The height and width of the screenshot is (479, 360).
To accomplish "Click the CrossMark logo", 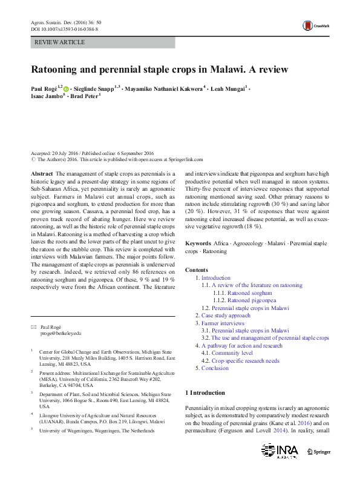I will [316, 25].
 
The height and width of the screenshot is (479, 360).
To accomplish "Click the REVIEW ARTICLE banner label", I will [61, 42].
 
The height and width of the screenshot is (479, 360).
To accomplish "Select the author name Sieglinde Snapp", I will [94, 89].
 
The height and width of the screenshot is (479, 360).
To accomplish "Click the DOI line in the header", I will [65, 28].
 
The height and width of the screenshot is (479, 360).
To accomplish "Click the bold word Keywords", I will [198, 243].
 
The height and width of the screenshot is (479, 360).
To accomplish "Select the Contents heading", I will [197, 269].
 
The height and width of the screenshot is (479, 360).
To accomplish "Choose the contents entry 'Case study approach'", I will [225, 315].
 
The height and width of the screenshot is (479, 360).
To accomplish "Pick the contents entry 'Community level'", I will [232, 353].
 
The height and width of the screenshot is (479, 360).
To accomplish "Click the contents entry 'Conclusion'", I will [215, 368].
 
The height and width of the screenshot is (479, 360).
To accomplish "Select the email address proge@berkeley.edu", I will [61, 334].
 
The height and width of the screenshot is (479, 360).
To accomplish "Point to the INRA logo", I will [281, 451].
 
